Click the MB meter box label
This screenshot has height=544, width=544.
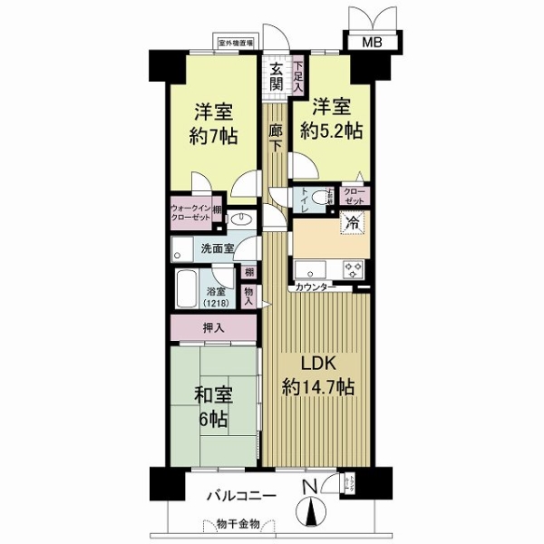[373, 43]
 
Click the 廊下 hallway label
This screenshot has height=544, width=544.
[276, 138]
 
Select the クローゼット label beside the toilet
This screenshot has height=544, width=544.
[356, 197]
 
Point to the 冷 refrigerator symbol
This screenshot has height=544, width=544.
[349, 220]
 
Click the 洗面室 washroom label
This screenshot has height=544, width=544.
[218, 247]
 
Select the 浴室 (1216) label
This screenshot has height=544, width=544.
[216, 296]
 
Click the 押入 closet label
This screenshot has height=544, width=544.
[215, 326]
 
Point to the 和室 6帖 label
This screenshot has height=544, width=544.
[214, 408]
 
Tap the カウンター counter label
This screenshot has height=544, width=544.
[314, 287]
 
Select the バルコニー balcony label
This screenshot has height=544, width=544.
[242, 496]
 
